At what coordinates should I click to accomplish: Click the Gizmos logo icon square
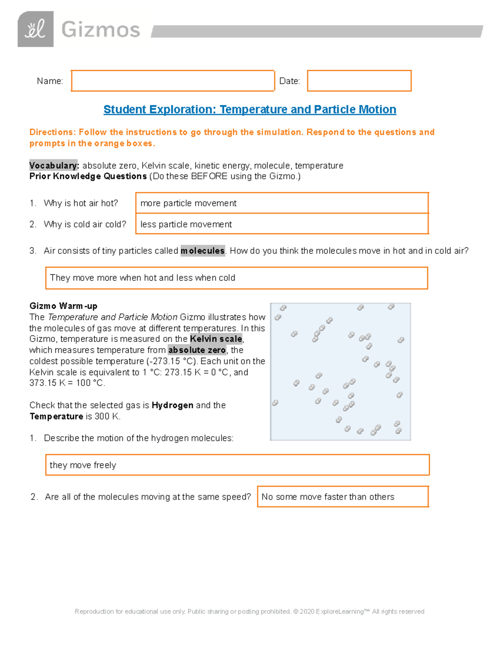[35, 29]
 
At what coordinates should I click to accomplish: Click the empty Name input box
[172, 81]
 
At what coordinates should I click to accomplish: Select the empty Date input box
[359, 81]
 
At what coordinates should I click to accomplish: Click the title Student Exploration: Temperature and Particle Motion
[250, 109]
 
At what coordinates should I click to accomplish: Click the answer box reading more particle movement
[282, 203]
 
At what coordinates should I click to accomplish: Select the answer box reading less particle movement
[282, 224]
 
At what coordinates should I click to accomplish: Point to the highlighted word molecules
[202, 251]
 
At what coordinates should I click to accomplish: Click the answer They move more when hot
[236, 278]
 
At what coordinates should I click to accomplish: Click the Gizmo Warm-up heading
[63, 306]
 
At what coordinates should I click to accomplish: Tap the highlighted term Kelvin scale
[216, 339]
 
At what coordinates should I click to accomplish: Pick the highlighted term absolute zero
[197, 350]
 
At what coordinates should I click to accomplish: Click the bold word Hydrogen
[172, 405]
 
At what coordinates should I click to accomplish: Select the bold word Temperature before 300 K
[56, 416]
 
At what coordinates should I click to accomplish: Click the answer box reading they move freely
[237, 465]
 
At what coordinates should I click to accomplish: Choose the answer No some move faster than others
[342, 497]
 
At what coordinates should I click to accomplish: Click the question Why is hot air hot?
[81, 203]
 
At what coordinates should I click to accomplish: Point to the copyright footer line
[249, 611]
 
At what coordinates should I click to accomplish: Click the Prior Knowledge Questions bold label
[88, 176]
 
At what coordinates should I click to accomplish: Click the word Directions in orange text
[52, 132]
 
